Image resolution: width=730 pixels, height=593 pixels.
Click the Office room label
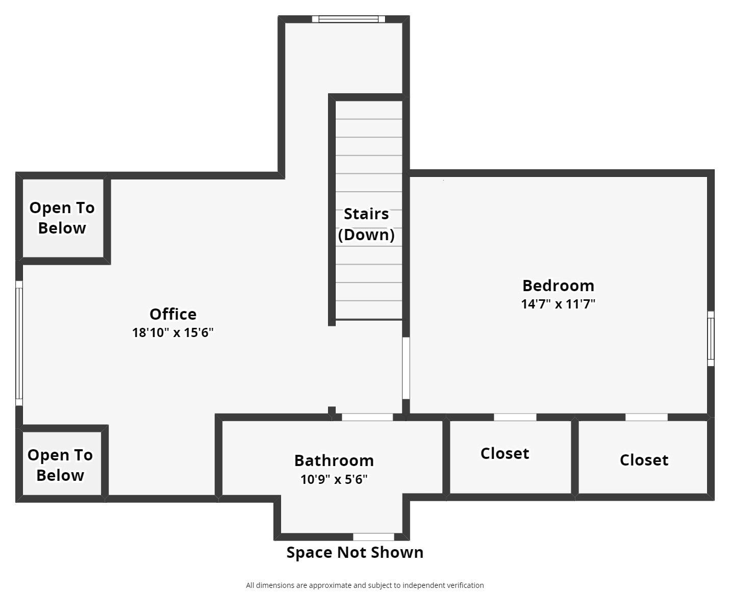[x=173, y=314]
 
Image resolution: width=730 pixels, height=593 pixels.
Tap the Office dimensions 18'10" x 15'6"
[x=173, y=332]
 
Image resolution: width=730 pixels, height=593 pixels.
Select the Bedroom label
[x=558, y=285]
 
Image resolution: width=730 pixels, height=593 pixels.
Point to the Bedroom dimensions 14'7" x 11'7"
[x=558, y=304]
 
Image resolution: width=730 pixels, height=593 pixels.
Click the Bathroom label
[x=334, y=460]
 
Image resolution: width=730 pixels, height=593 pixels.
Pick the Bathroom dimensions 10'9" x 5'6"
[x=334, y=479]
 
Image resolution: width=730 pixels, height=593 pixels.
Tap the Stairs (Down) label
[x=366, y=224]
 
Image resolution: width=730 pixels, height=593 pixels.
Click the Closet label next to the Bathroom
[x=505, y=453]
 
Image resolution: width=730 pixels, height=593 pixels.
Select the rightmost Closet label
[x=644, y=460]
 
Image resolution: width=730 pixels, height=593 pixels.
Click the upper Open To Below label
[x=62, y=218]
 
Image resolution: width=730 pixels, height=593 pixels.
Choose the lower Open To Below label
[x=60, y=465]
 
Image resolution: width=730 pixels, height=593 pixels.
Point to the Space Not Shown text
[x=355, y=552]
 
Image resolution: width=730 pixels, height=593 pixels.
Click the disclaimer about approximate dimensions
[x=365, y=585]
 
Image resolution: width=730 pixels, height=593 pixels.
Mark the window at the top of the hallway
[x=348, y=19]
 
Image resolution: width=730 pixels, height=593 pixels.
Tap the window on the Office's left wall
[x=19, y=343]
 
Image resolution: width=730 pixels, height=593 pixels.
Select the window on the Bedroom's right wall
[x=711, y=339]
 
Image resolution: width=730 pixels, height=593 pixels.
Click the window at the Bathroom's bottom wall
[x=373, y=537]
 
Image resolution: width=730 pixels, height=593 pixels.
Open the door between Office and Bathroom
[x=367, y=417]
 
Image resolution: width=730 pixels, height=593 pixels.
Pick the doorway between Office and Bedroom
[x=406, y=368]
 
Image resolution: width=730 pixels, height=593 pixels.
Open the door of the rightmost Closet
[x=646, y=417]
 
